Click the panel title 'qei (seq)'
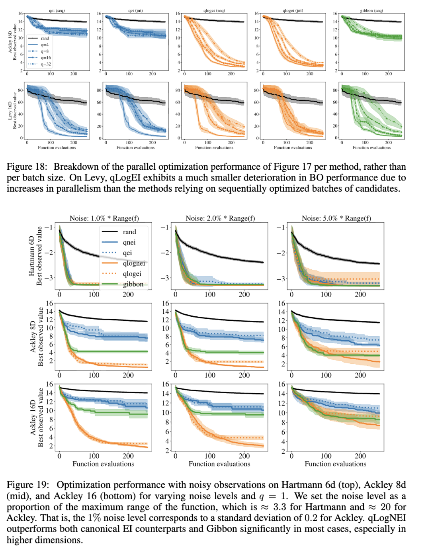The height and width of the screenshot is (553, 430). tap(57, 11)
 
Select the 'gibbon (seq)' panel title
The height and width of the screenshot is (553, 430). tap(371, 11)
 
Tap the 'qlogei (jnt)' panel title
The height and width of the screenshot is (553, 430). tap(293, 11)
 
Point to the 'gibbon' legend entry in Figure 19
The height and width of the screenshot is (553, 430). tap(133, 284)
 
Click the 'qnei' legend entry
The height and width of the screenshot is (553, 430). tap(129, 242)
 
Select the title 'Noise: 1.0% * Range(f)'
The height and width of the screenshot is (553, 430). tap(104, 218)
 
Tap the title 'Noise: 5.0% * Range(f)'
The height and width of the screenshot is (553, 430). tap(336, 218)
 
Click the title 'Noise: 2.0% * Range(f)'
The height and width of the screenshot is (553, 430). tap(220, 218)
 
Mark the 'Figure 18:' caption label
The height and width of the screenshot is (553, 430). tap(27, 167)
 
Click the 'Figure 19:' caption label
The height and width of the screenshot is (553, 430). tap(28, 485)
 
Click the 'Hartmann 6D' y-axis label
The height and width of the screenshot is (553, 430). tap(32, 256)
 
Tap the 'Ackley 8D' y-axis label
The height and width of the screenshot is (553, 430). tap(33, 337)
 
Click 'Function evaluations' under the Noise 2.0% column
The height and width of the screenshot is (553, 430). tap(219, 464)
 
